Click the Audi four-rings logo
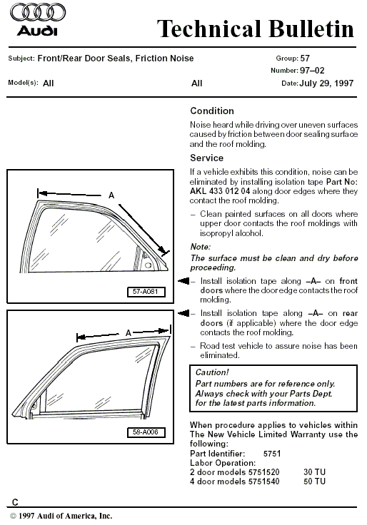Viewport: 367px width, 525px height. [x=38, y=12]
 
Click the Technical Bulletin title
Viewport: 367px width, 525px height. [x=256, y=29]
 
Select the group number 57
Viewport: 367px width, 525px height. [x=305, y=58]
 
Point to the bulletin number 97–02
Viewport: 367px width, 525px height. [x=312, y=71]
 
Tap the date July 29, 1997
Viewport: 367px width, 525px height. [x=326, y=83]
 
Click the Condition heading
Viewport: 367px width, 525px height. [x=212, y=111]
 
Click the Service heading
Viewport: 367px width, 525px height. [x=206, y=158]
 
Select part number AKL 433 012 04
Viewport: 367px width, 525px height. [x=220, y=191]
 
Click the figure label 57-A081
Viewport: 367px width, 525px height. [x=146, y=292]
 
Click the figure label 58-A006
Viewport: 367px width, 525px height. [x=146, y=432]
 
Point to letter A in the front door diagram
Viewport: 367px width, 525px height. [x=111, y=195]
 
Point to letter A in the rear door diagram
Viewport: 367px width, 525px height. [x=128, y=333]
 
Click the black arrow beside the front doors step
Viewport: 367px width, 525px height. [x=183, y=281]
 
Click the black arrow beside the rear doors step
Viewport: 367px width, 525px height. [x=183, y=313]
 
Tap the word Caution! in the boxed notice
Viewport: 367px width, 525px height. [x=212, y=372]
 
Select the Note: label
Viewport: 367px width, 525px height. [x=201, y=247]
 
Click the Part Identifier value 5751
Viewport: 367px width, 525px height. [x=272, y=454]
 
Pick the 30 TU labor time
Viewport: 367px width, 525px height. [x=314, y=472]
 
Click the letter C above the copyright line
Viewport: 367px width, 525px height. [x=15, y=502]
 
